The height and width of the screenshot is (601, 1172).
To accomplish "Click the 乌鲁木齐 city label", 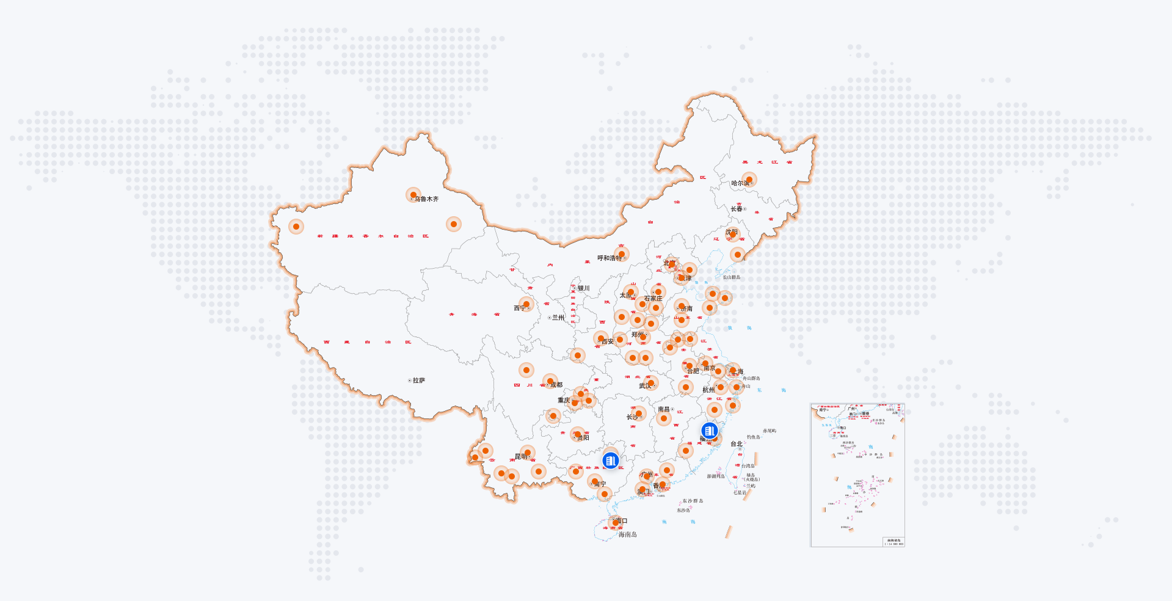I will (x=426, y=199).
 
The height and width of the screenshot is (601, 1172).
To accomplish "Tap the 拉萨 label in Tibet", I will (x=418, y=381).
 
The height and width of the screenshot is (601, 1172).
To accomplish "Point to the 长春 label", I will (x=737, y=209).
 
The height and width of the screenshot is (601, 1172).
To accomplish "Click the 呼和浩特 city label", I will (x=610, y=258).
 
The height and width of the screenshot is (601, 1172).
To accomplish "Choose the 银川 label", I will (x=583, y=288).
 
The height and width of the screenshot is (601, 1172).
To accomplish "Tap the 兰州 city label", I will (x=558, y=318).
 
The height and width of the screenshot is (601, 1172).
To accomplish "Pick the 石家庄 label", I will (x=653, y=299).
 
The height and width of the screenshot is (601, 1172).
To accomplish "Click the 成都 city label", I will (x=556, y=385).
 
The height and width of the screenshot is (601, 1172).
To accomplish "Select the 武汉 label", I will (x=645, y=386).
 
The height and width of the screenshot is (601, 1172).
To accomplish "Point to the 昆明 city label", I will (x=520, y=457).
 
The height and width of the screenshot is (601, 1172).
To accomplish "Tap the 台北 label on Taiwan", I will (x=737, y=444).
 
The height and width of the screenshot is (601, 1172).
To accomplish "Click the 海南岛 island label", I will (x=627, y=534).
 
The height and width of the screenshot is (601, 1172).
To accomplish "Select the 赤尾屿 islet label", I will (x=769, y=431).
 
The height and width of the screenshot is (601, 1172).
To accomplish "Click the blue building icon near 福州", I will (x=709, y=431).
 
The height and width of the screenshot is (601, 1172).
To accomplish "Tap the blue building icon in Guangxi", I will (x=611, y=461).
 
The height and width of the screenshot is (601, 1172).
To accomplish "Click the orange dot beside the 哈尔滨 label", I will (x=749, y=180).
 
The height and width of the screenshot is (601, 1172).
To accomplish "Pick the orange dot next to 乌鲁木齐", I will (x=413, y=195).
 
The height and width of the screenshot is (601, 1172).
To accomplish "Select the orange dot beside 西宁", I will (x=526, y=304).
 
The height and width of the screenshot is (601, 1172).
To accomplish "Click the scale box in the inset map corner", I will (x=894, y=542).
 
